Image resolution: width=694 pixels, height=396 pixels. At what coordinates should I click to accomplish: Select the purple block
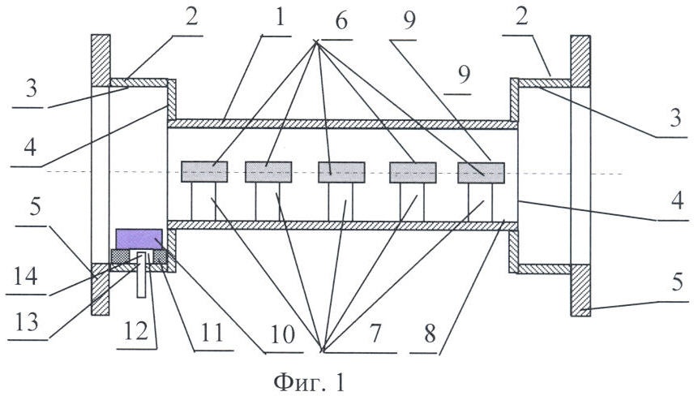[138, 239]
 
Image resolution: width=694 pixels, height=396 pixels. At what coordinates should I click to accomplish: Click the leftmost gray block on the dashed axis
[204, 172]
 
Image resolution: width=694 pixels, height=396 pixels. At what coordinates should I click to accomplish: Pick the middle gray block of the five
[341, 172]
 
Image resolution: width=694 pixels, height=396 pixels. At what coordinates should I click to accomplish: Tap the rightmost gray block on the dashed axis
[481, 172]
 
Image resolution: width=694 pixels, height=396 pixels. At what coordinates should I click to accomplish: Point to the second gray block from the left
[268, 172]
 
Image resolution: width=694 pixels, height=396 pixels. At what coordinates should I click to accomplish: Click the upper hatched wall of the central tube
[341, 124]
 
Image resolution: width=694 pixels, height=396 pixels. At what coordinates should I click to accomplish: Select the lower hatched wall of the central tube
[341, 224]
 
